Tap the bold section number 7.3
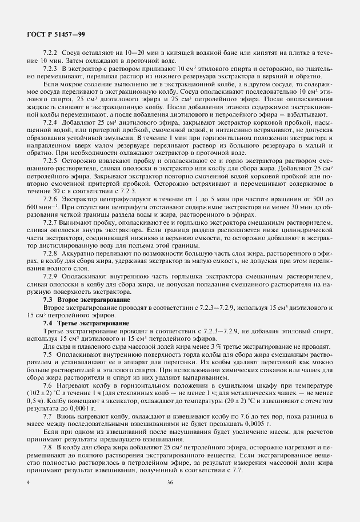coord(49,300)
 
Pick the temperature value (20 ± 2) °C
coord(246,402)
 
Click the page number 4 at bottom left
coord(29,499)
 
